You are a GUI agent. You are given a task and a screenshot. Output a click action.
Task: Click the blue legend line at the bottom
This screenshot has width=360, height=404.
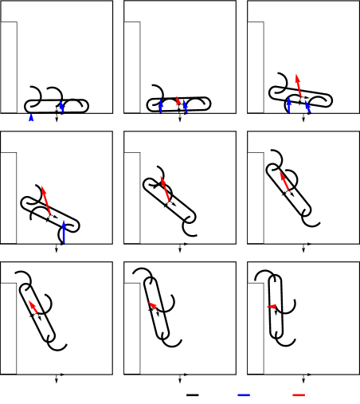pyautogui.click(x=243, y=394)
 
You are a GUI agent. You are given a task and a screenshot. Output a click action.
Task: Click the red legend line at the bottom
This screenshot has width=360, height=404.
pyautogui.click(x=299, y=394)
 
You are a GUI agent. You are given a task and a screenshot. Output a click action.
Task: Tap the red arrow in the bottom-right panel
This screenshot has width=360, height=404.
pyautogui.click(x=272, y=307)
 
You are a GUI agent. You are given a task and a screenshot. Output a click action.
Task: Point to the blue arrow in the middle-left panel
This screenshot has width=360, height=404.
pyautogui.click(x=64, y=233)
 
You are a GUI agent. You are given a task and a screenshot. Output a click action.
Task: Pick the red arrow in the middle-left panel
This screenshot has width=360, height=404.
pyautogui.click(x=46, y=201)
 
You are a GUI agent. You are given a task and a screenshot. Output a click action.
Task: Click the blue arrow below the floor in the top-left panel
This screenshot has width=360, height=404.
pyautogui.click(x=31, y=118)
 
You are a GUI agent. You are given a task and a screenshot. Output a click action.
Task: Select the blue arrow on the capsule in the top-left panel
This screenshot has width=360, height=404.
pyautogui.click(x=61, y=106)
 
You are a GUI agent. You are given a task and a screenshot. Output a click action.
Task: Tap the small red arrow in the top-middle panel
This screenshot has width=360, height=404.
pyautogui.click(x=178, y=102)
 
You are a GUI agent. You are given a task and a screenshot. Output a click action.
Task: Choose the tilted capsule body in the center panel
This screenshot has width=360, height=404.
pyautogui.click(x=170, y=200)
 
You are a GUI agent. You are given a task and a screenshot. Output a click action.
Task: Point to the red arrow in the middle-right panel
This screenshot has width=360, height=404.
pyautogui.click(x=284, y=180)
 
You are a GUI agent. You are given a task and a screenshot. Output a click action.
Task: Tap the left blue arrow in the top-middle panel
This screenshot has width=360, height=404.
pyautogui.click(x=161, y=106)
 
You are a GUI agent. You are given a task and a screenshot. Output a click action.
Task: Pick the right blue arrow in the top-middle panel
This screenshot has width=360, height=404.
pyautogui.click(x=185, y=105)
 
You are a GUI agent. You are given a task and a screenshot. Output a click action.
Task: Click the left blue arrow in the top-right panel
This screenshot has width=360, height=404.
pyautogui.click(x=288, y=104)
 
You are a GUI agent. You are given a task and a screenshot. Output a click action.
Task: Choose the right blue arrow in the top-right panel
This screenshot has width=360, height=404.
pyautogui.click(x=307, y=106)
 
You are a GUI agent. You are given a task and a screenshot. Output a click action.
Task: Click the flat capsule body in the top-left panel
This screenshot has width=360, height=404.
pyautogui.click(x=56, y=106)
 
